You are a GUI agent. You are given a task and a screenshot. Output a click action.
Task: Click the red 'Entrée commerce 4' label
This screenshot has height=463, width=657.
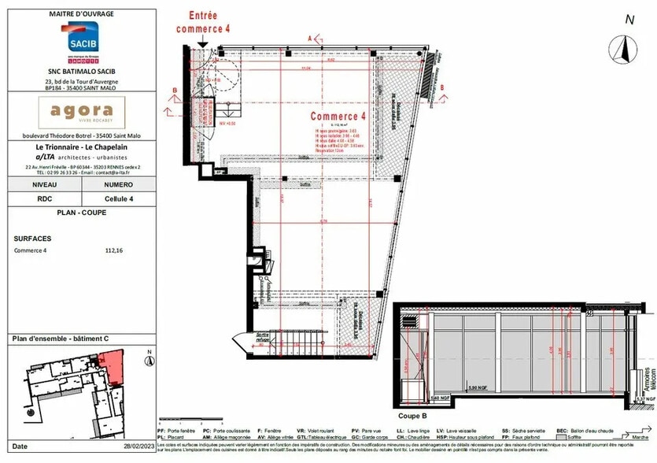(204, 21)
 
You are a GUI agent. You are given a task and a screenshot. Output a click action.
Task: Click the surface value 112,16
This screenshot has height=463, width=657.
(114, 250)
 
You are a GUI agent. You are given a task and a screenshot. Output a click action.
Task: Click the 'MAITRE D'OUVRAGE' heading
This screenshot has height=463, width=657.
(81, 14)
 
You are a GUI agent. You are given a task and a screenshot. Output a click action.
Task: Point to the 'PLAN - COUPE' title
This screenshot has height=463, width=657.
(81, 213)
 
